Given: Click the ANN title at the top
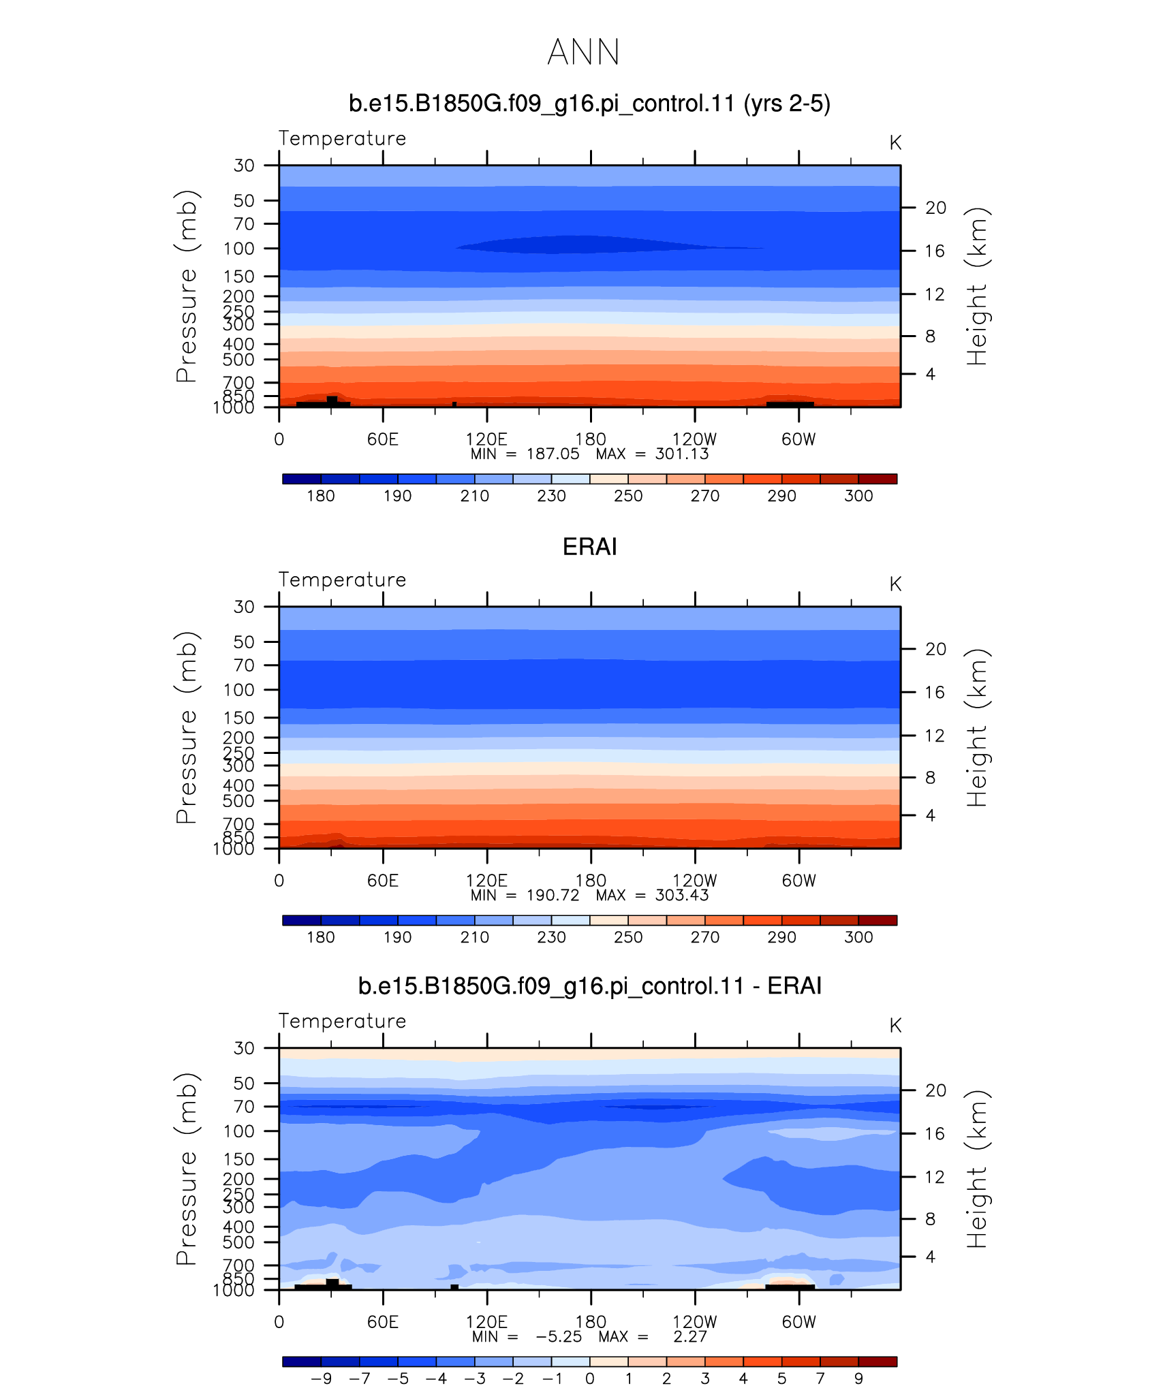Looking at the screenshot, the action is coord(583,52).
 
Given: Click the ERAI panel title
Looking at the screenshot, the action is coord(589,547).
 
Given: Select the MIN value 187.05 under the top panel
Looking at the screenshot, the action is coord(553,454).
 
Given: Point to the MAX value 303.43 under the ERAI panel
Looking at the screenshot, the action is coord(681,895).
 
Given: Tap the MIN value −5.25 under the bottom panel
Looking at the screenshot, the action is coord(559,1336).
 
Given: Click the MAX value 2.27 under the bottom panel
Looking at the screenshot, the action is coord(690,1336).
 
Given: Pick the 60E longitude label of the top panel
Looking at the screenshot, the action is coord(383,439).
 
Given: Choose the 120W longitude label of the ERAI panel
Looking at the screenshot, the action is coord(694,881).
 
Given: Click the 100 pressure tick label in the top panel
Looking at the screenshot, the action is coord(238,249).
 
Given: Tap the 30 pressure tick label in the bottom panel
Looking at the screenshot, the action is coord(244,1048).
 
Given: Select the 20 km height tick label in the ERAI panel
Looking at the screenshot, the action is coord(935,649).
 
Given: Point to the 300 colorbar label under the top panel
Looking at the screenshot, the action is coord(858,496).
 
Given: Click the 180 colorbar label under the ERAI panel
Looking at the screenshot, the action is coord(320,937).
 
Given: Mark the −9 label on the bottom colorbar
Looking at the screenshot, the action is coord(321,1378).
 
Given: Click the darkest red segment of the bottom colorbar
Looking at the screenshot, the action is coord(877,1361).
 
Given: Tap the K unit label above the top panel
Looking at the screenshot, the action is coord(895,143).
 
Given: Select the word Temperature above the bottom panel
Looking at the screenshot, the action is coord(342,1022).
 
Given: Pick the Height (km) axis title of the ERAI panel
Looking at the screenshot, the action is coord(977,727).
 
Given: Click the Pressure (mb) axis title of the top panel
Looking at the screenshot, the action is coord(186,286).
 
